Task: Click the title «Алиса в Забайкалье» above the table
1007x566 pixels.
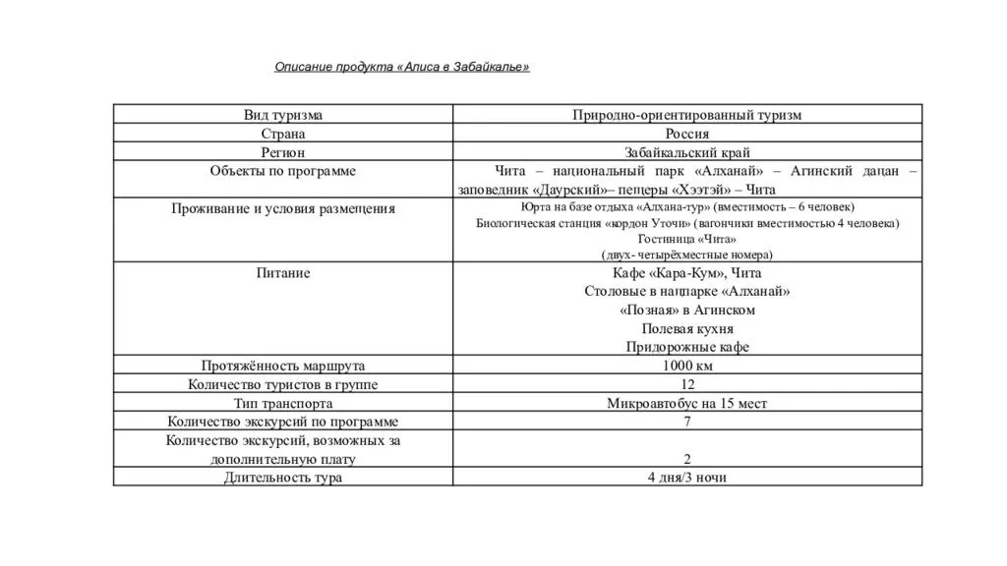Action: point(401,67)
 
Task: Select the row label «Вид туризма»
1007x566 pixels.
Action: point(283,115)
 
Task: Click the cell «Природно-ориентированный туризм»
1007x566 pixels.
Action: point(686,115)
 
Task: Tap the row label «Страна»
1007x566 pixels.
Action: point(283,134)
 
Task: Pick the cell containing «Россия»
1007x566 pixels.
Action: point(686,134)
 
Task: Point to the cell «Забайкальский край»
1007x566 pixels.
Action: point(686,152)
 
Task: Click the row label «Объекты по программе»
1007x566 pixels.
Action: point(283,171)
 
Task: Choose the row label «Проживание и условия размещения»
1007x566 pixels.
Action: point(283,208)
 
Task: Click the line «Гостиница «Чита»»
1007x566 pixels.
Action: point(686,239)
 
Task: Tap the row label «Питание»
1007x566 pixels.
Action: point(283,273)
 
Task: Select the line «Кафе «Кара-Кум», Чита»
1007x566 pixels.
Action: point(686,273)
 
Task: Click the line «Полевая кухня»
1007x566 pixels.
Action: point(686,328)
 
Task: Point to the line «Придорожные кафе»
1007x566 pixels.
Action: point(686,347)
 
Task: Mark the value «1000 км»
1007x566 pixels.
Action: point(686,366)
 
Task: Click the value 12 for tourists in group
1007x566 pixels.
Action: point(686,384)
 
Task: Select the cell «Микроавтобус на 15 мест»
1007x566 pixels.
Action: point(686,403)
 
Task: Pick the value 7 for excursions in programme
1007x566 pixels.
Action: point(686,422)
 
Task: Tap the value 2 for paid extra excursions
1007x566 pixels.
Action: point(686,459)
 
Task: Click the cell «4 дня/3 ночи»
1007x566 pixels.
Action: point(686,478)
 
